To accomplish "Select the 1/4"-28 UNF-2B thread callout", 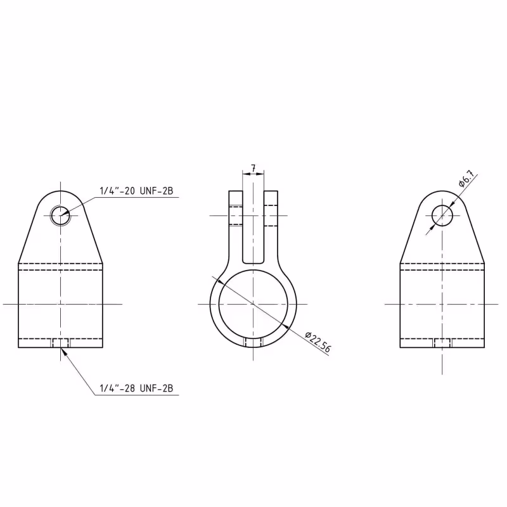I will click(x=136, y=388).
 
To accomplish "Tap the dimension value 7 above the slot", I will click(x=253, y=169).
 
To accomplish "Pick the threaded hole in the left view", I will click(x=61, y=215).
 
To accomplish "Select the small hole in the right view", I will click(x=442, y=215).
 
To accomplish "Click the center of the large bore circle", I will click(x=253, y=304).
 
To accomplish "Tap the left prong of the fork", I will click(x=236, y=215).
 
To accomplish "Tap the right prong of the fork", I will click(x=271, y=215).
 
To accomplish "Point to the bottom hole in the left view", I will click(x=61, y=343).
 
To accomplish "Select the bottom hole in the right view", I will click(x=442, y=343).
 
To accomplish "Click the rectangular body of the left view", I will click(x=61, y=304).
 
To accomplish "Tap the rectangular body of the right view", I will click(x=442, y=304).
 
